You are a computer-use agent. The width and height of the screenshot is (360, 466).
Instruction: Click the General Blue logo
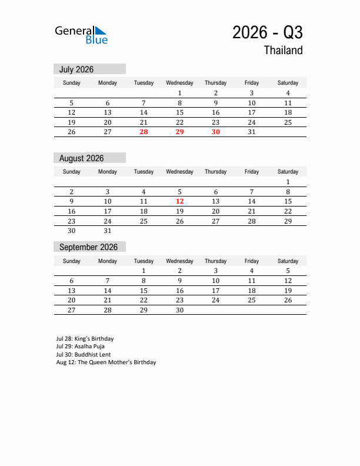[81, 35]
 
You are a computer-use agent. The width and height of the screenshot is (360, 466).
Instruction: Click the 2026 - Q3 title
[268, 32]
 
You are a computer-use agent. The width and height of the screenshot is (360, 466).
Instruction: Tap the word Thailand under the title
[283, 51]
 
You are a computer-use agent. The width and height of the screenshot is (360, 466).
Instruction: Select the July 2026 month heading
[76, 69]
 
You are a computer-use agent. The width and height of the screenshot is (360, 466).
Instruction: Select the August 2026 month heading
[81, 158]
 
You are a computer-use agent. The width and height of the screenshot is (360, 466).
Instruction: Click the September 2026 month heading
[88, 247]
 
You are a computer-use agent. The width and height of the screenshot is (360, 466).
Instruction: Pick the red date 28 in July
[144, 132]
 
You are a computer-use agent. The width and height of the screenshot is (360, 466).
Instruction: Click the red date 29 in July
[179, 132]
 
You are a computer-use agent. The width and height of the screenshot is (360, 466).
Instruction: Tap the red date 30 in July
[216, 132]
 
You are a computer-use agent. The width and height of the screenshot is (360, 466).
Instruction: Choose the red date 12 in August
[179, 201]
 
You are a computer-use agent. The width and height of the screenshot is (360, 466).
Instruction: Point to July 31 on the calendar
[252, 132]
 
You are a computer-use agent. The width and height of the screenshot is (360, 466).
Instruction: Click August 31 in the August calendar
[108, 231]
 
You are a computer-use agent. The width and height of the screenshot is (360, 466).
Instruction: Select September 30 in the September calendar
[179, 310]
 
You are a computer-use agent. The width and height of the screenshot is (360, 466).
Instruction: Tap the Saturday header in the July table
[288, 83]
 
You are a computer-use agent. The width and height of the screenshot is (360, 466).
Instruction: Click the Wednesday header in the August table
[179, 172]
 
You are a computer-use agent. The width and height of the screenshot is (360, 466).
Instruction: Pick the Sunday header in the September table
[72, 261]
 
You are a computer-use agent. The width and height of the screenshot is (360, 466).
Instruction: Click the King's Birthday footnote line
[85, 339]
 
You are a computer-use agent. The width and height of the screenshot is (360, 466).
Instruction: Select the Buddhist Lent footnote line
[84, 355]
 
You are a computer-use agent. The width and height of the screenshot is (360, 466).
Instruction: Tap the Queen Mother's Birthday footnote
[106, 362]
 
